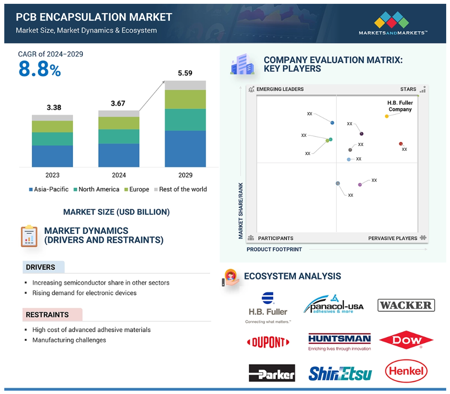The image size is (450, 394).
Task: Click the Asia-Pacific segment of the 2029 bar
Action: point(185,149)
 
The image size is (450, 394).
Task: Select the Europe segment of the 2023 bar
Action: point(52,127)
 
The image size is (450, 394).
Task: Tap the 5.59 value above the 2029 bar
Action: point(185,73)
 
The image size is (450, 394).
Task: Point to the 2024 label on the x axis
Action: point(119,175)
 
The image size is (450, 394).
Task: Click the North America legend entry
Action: point(96,189)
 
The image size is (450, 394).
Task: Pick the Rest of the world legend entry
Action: point(181,189)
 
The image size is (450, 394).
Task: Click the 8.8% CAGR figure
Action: point(40,69)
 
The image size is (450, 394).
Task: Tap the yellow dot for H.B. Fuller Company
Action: point(386,116)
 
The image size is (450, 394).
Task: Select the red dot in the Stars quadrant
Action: point(401,144)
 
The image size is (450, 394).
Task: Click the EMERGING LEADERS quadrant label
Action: point(280,89)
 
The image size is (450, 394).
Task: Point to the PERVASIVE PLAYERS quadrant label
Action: point(393,238)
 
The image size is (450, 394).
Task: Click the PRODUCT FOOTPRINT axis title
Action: point(274,249)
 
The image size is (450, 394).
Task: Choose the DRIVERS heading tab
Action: point(44,267)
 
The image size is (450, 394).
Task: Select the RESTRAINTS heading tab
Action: point(53,315)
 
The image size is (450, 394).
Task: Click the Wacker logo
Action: point(406,305)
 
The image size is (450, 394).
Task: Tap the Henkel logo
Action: point(406,371)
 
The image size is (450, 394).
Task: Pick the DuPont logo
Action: point(268,342)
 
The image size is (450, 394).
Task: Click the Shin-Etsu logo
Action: point(340,373)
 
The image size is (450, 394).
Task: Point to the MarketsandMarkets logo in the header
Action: point(393,23)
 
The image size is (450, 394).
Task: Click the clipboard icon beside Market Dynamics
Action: point(29,236)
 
